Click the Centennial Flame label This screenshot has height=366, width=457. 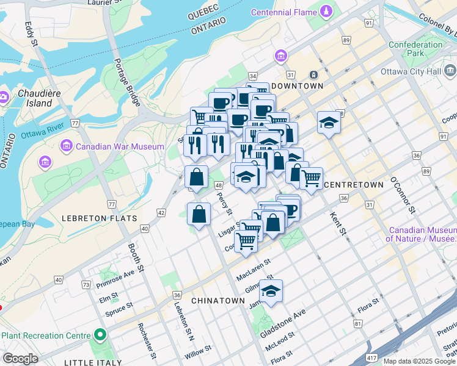285,12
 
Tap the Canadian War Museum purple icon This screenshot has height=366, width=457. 67,146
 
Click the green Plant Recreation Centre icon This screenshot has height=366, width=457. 100,335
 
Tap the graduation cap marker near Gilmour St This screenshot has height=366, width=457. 271,290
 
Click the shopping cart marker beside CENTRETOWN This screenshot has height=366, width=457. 312,178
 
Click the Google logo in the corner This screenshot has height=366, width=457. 20,359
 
